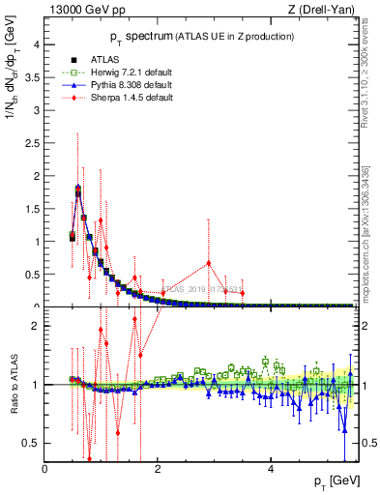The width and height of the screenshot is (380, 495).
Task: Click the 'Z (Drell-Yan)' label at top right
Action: [324, 11]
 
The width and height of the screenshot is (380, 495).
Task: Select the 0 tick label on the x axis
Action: [44, 470]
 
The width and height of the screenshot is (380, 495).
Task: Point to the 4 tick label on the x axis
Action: [271, 470]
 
